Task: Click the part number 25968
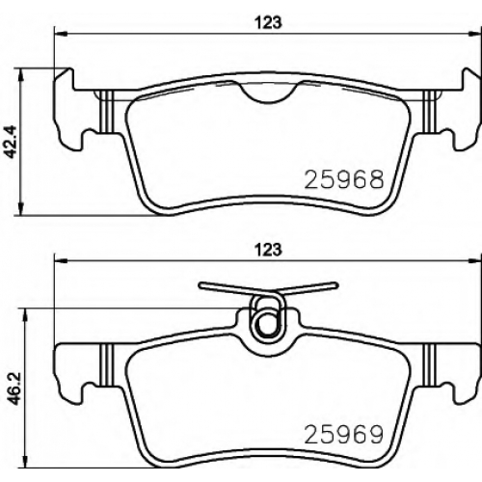(x=344, y=179)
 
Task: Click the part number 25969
(x=344, y=435)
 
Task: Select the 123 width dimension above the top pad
(x=268, y=23)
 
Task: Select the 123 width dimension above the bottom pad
(x=268, y=250)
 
